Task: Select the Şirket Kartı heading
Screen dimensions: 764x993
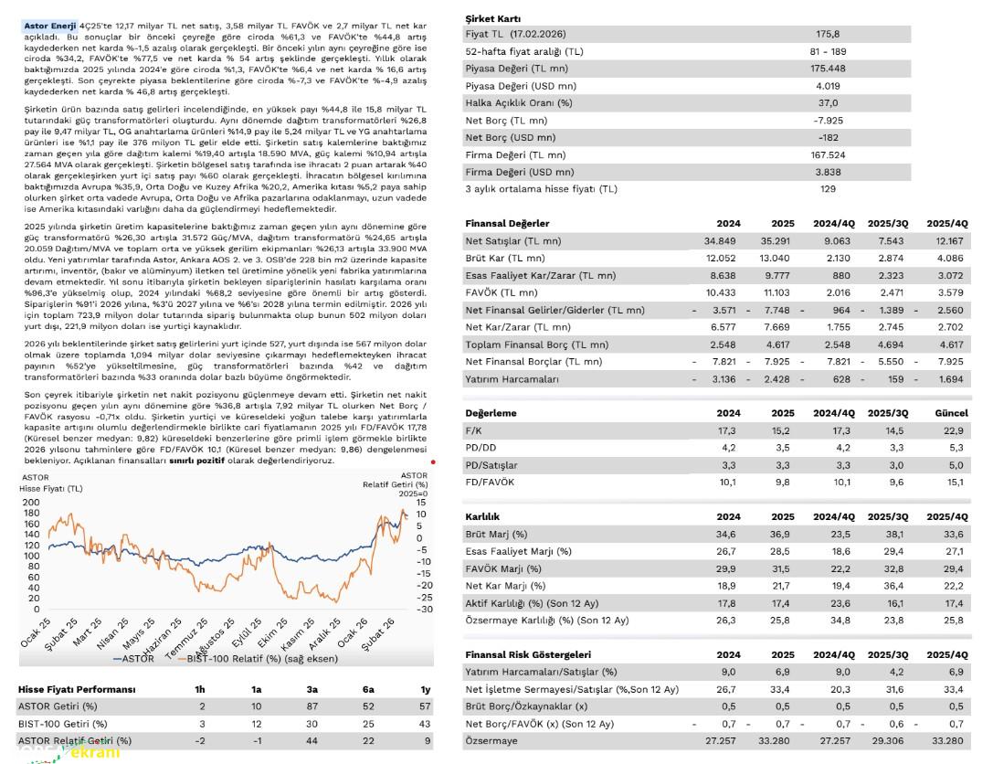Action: point(493,18)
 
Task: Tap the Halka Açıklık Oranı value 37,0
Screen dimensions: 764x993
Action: point(827,102)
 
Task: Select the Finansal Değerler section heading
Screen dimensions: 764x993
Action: point(507,223)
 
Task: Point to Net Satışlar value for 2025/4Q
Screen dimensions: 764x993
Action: point(950,240)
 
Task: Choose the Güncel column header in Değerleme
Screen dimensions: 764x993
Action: point(950,413)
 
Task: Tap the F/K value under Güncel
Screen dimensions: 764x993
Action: point(956,430)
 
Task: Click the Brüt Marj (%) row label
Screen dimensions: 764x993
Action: point(496,534)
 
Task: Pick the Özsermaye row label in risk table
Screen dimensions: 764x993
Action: point(493,740)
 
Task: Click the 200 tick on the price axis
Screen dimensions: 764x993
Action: point(31,502)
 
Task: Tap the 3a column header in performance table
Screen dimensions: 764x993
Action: point(313,689)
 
